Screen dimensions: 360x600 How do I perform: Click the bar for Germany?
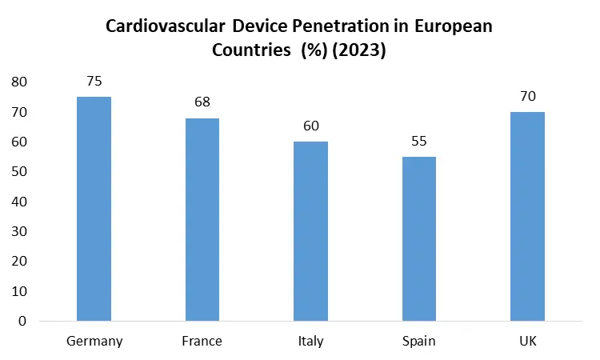(x=94, y=209)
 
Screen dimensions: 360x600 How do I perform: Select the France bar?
(x=202, y=219)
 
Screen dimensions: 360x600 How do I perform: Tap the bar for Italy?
(x=310, y=231)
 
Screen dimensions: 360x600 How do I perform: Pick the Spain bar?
(x=418, y=238)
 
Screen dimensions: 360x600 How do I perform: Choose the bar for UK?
(x=527, y=216)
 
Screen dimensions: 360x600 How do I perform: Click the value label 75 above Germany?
(x=94, y=82)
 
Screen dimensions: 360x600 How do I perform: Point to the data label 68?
(x=202, y=102)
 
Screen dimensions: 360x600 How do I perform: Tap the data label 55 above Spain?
(x=418, y=141)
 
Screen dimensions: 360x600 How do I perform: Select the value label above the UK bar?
(x=527, y=96)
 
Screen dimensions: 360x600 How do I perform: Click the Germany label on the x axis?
(x=94, y=342)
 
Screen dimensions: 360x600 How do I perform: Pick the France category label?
(x=202, y=342)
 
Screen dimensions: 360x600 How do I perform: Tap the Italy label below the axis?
(x=310, y=342)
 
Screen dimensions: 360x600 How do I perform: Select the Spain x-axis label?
(x=418, y=342)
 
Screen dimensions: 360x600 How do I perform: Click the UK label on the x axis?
(x=527, y=342)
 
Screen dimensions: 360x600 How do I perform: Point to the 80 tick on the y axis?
(x=19, y=82)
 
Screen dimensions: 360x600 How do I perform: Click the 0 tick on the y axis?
(x=22, y=322)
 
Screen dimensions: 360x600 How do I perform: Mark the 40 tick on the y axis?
(x=19, y=202)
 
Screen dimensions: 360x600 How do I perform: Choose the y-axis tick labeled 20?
(x=19, y=262)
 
